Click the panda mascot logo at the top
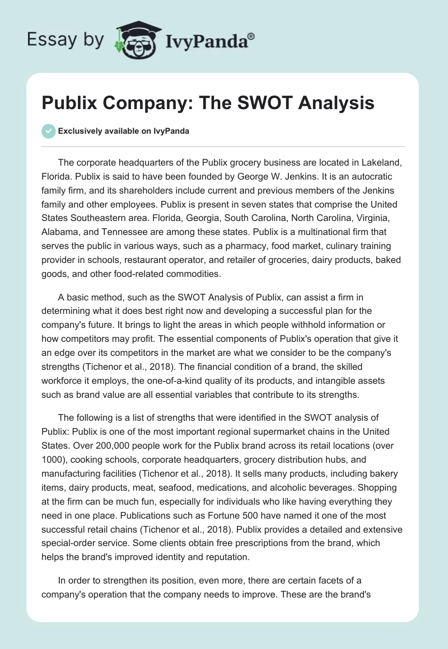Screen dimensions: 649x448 [135, 39]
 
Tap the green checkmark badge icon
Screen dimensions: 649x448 [48, 131]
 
